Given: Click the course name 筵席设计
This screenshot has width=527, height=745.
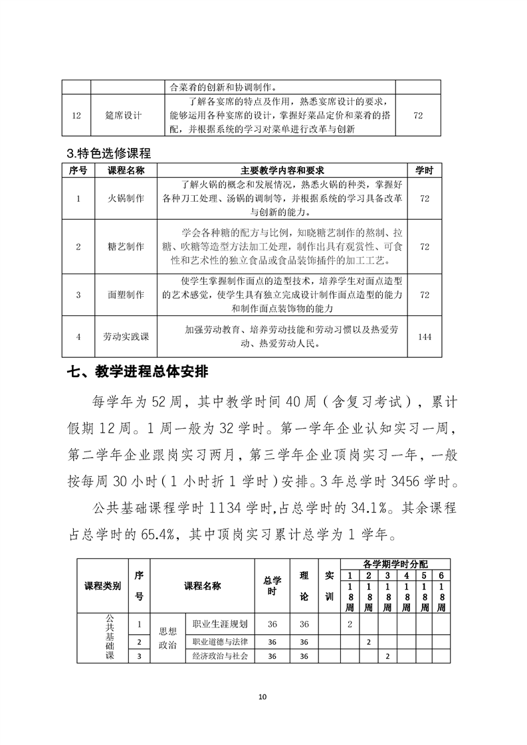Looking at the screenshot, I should [124, 115].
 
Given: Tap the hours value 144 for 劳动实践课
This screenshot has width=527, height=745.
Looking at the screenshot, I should [424, 337].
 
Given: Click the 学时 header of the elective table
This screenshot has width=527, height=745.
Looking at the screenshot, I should [424, 171].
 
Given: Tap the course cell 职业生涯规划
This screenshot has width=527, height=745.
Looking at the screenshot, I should [220, 624].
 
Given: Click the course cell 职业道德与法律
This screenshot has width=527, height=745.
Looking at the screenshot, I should [220, 642].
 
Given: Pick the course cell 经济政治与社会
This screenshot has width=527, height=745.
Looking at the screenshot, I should [220, 656].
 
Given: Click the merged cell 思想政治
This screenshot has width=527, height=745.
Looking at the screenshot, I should [167, 639].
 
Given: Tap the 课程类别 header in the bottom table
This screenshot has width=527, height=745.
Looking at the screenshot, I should [102, 586].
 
